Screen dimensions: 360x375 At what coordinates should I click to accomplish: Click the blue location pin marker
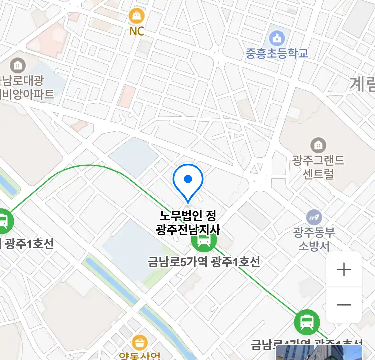[x=188, y=180]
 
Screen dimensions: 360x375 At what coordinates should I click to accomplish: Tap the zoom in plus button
[x=344, y=269]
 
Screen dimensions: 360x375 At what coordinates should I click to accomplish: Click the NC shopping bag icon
[x=137, y=16]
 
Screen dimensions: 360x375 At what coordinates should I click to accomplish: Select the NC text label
[x=137, y=31]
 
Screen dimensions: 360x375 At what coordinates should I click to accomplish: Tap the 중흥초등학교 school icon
[x=277, y=38]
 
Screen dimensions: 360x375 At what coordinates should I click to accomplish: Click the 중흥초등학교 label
[x=277, y=53]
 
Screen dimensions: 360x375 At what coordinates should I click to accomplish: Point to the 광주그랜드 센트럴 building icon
[x=318, y=145]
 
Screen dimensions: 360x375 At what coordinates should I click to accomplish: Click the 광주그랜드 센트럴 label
[x=318, y=167]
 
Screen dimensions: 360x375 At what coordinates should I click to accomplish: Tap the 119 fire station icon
[x=314, y=218]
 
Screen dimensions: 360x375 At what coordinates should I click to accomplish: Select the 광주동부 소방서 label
[x=314, y=239]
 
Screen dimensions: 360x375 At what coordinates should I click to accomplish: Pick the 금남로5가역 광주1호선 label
[x=204, y=262]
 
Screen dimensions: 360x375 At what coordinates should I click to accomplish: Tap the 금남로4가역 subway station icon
[x=307, y=322]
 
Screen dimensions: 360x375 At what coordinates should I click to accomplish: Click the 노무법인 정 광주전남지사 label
[x=188, y=223]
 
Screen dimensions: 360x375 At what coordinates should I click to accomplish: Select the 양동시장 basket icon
[x=140, y=342]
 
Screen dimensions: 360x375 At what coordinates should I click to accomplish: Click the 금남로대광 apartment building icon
[x=18, y=66]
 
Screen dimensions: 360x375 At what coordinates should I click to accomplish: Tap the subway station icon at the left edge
[x=4, y=221]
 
